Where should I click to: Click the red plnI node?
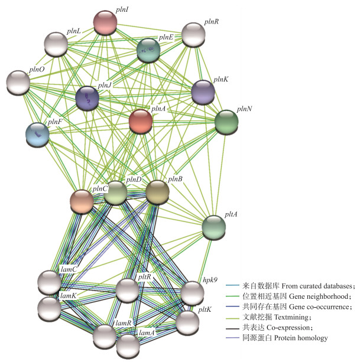pyautogui.click(x=105, y=23)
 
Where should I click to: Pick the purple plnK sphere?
pyautogui.click(x=203, y=92)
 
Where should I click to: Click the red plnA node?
pyautogui.click(x=141, y=121)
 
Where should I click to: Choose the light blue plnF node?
pyautogui.click(x=37, y=135)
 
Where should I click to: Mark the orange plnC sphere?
pyautogui.click(x=82, y=201)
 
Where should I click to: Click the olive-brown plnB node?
pyautogui.click(x=157, y=192)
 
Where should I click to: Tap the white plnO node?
pyautogui.click(x=18, y=82)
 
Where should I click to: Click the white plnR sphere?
pyautogui.click(x=193, y=35)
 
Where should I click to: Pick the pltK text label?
pyautogui.click(x=205, y=308)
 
